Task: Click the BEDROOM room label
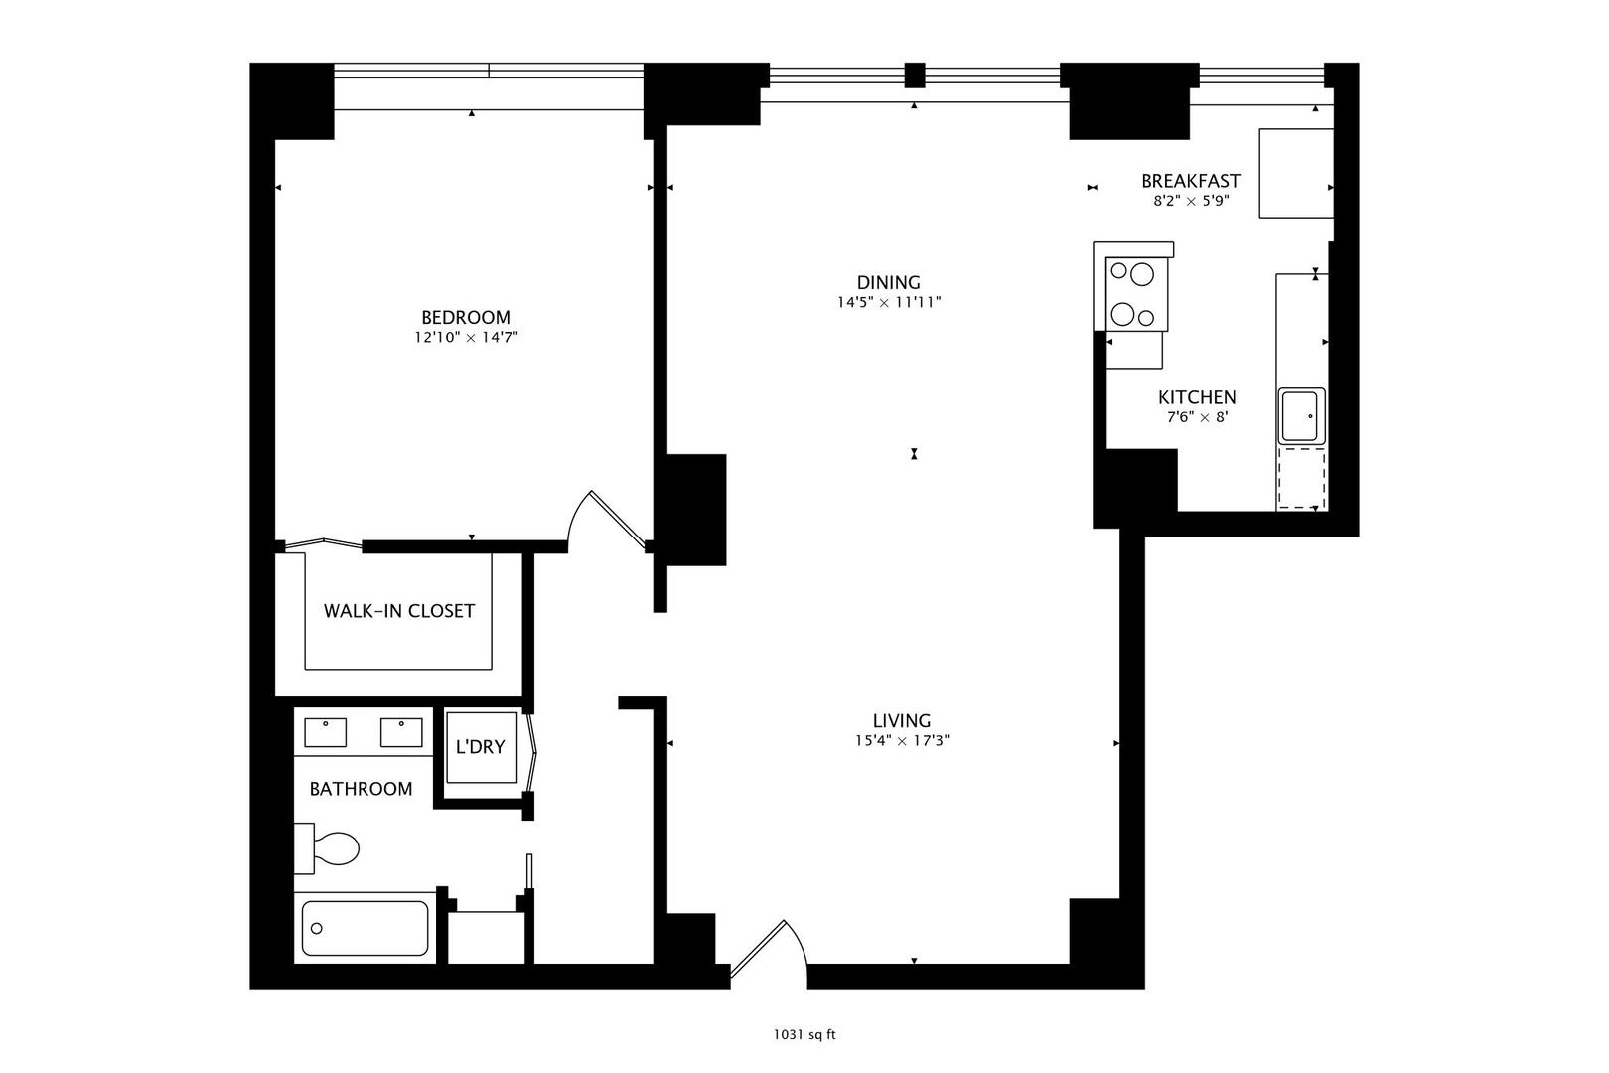[x=465, y=317]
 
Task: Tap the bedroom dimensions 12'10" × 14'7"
[x=466, y=338]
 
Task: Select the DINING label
[x=888, y=282]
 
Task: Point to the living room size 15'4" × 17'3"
[x=901, y=740]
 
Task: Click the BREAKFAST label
[x=1190, y=181]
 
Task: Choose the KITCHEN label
[x=1196, y=397]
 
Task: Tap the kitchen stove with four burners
[x=1136, y=293]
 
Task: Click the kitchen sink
[x=1300, y=416]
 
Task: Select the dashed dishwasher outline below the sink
[x=1301, y=479]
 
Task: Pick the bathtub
[x=365, y=928]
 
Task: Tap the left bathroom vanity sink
[x=325, y=732]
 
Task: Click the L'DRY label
[x=480, y=747]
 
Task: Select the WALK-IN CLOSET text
[x=398, y=611]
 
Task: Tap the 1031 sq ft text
[x=804, y=1035]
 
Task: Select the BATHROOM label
[x=361, y=789]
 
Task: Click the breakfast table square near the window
[x=1295, y=173]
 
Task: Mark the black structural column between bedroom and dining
[x=695, y=510]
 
